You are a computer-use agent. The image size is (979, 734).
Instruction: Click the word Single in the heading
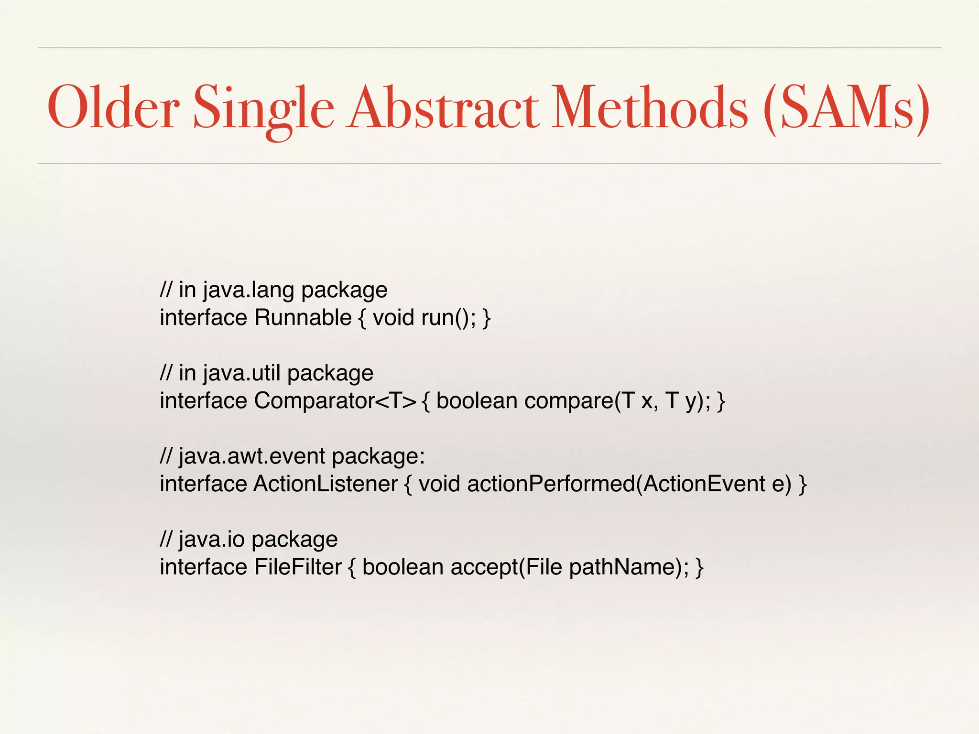click(x=263, y=109)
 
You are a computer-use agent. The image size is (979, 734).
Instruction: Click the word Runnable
click(x=303, y=318)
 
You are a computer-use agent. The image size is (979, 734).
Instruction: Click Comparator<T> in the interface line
click(x=335, y=401)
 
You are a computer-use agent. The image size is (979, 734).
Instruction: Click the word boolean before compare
click(x=477, y=401)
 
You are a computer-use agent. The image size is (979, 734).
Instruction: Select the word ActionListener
click(x=325, y=484)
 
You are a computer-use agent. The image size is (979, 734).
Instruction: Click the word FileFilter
click(x=297, y=567)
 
